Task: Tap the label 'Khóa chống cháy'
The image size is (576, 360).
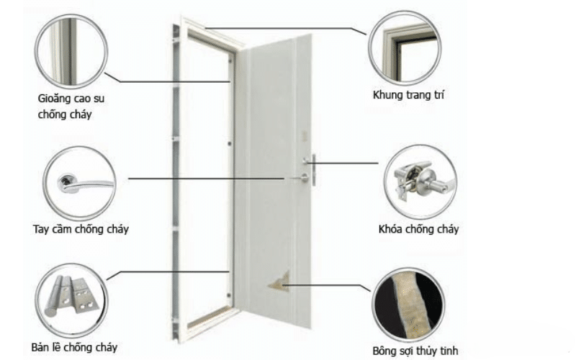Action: [x=418, y=230]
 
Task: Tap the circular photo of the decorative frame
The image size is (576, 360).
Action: [x=403, y=46]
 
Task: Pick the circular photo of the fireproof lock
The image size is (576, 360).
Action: [x=418, y=182]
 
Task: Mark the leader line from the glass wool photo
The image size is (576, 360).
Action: [x=331, y=285]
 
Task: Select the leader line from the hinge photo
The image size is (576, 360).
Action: [x=173, y=271]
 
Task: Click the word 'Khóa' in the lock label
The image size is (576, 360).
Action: [x=392, y=230]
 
